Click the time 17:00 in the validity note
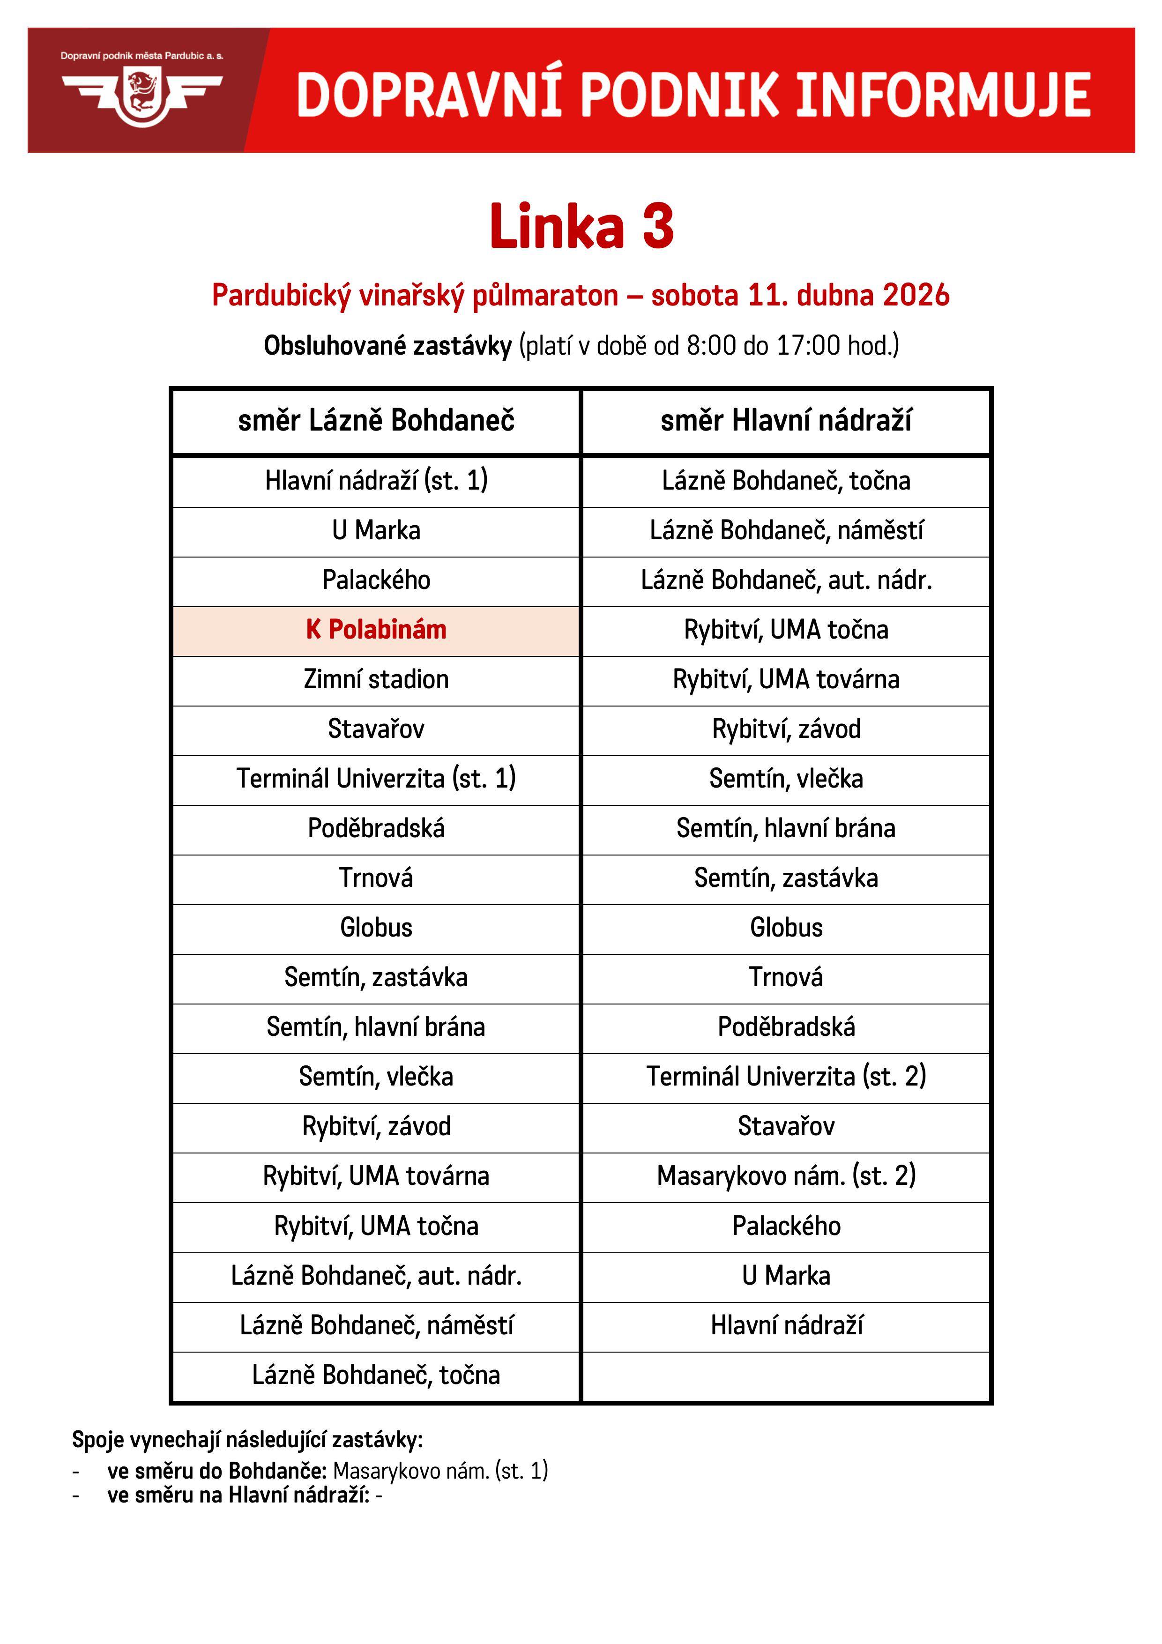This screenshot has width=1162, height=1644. click(808, 346)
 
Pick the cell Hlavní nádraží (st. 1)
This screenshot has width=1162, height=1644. click(376, 480)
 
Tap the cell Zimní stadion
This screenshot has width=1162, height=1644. click(376, 679)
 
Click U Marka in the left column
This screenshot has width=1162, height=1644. click(376, 530)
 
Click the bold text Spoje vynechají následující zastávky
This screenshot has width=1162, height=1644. click(247, 1440)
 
